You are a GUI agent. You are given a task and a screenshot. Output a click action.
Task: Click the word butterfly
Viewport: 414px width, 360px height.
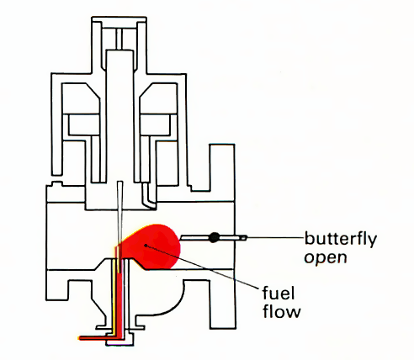coord(341,240)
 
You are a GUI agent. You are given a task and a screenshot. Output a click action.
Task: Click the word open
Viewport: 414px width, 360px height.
coord(326,257)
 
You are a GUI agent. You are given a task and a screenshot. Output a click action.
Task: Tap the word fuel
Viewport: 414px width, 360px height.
coord(279,293)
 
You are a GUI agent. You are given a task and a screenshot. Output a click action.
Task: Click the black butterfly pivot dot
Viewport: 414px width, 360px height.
coord(214,237)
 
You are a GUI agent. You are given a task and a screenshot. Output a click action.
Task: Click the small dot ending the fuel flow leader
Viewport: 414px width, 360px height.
coord(146,246)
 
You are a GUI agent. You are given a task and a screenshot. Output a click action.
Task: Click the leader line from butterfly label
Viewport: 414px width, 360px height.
coord(276,238)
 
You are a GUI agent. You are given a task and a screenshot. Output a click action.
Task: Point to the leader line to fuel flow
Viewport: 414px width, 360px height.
coord(203,267)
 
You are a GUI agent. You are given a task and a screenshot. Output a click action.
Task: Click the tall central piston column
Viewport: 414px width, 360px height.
coord(119,116)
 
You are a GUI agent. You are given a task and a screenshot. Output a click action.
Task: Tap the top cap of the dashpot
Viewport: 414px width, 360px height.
coord(119,19)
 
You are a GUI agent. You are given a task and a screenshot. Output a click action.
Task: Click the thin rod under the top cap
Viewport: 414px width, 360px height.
coord(119,39)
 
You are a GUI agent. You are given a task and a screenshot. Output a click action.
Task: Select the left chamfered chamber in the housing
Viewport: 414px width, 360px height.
coord(81,98)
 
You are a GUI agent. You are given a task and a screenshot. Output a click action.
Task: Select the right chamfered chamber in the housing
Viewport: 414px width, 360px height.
coord(158,98)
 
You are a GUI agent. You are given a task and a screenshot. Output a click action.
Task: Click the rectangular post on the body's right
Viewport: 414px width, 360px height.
coord(222,167)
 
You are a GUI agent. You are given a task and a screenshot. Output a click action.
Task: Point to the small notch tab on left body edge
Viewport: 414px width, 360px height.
coord(57,183)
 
